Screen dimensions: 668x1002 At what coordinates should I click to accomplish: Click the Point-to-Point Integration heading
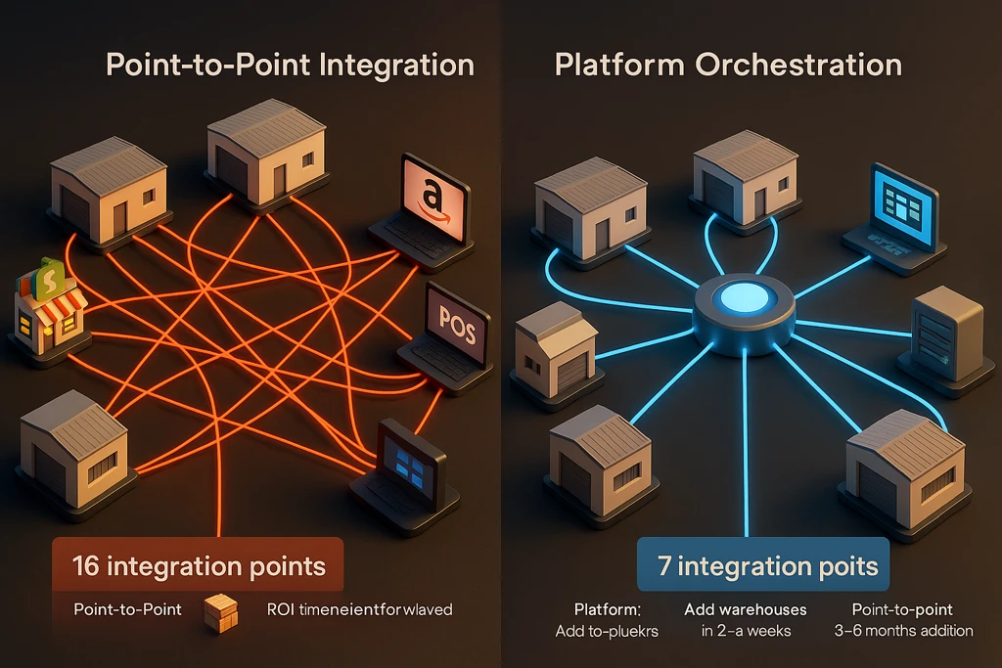pyautogui.click(x=289, y=67)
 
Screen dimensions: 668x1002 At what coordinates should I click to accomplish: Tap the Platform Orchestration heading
pyautogui.click(x=728, y=66)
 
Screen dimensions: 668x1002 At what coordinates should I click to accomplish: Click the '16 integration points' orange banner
pyautogui.click(x=198, y=566)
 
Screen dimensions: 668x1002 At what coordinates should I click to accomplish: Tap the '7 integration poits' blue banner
pyautogui.click(x=763, y=566)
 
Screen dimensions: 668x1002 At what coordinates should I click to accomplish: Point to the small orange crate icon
pyautogui.click(x=221, y=613)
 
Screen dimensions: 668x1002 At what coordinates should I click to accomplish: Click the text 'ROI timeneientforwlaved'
pyautogui.click(x=359, y=609)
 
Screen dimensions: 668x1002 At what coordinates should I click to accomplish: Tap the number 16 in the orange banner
pyautogui.click(x=86, y=566)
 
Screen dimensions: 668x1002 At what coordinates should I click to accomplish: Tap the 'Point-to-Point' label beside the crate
pyautogui.click(x=126, y=609)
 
